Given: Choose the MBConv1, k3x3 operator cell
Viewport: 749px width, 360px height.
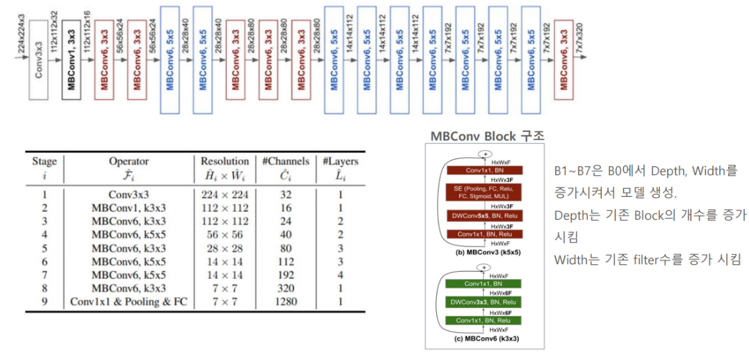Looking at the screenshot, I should click(128, 208).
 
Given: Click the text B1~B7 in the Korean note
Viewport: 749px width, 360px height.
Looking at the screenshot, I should click(572, 172).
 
